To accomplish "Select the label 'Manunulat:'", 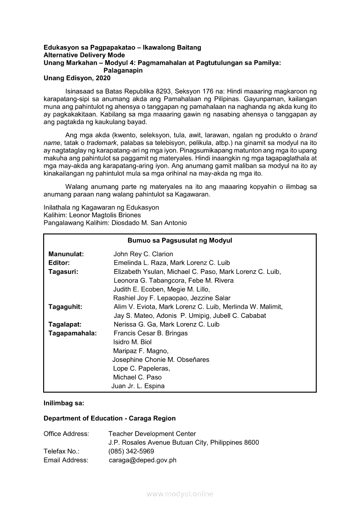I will pos(66,254).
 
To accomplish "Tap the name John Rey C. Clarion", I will pos(143,254).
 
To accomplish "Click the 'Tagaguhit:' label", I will pos(65,307).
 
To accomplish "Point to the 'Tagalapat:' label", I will pos(65,324).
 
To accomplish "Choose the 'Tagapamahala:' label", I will pos(73,333).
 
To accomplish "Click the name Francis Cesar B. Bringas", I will pos(150,333).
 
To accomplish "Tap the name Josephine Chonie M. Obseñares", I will pos(161,360).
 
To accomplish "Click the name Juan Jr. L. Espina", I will pos(138,386).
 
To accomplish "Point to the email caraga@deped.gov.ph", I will pos(143,460).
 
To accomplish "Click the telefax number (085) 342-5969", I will pos(131,452).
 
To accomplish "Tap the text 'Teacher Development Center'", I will pos(152,434).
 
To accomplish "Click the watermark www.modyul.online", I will pos(180,494).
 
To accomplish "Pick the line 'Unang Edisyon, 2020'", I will pos(77,78).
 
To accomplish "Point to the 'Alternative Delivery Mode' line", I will pos(84,55).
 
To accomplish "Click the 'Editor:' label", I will pos(59,263).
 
